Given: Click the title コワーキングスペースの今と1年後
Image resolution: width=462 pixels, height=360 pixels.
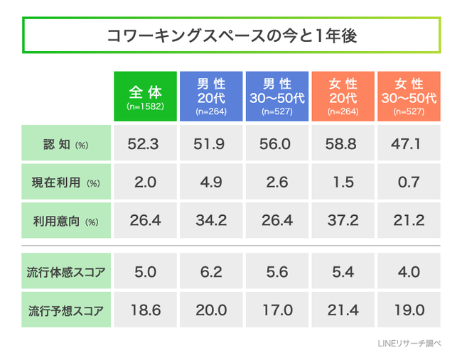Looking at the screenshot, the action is coord(232,36).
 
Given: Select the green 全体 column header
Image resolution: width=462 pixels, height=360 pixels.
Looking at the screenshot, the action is coord(145,97).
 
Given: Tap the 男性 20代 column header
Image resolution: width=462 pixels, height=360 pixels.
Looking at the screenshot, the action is coord(211,97).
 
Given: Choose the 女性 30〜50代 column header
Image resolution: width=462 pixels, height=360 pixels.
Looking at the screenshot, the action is coord(409,97).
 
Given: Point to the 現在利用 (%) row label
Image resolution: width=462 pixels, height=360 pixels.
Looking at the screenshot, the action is coord(66,182).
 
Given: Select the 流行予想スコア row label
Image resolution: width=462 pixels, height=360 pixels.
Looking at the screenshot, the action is coord(66,310).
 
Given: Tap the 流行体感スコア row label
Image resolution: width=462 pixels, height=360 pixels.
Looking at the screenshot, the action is coord(66,271).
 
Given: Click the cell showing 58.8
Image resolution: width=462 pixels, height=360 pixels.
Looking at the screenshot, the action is coord(343,143).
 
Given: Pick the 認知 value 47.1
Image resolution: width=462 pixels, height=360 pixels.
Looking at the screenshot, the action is coord(409,143).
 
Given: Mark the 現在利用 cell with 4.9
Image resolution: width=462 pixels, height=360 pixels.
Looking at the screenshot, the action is coord(211,182).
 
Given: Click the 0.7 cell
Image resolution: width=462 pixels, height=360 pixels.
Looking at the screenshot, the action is coord(409,182).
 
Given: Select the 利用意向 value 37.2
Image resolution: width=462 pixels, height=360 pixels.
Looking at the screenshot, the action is coord(343,220).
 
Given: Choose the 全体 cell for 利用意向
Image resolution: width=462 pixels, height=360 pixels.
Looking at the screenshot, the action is coord(145,220).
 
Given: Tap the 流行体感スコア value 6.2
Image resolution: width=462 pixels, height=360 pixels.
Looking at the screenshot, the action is coord(211,271).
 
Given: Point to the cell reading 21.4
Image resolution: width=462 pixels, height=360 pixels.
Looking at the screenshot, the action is coord(343,310).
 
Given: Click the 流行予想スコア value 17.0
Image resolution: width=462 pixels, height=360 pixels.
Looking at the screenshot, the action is coord(277,310).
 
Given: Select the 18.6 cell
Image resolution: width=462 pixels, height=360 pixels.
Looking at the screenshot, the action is coord(145,310).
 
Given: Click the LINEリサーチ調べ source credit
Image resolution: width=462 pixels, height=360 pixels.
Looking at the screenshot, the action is coord(409,343).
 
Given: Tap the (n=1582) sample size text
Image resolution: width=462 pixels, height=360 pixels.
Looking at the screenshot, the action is coord(145,107).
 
